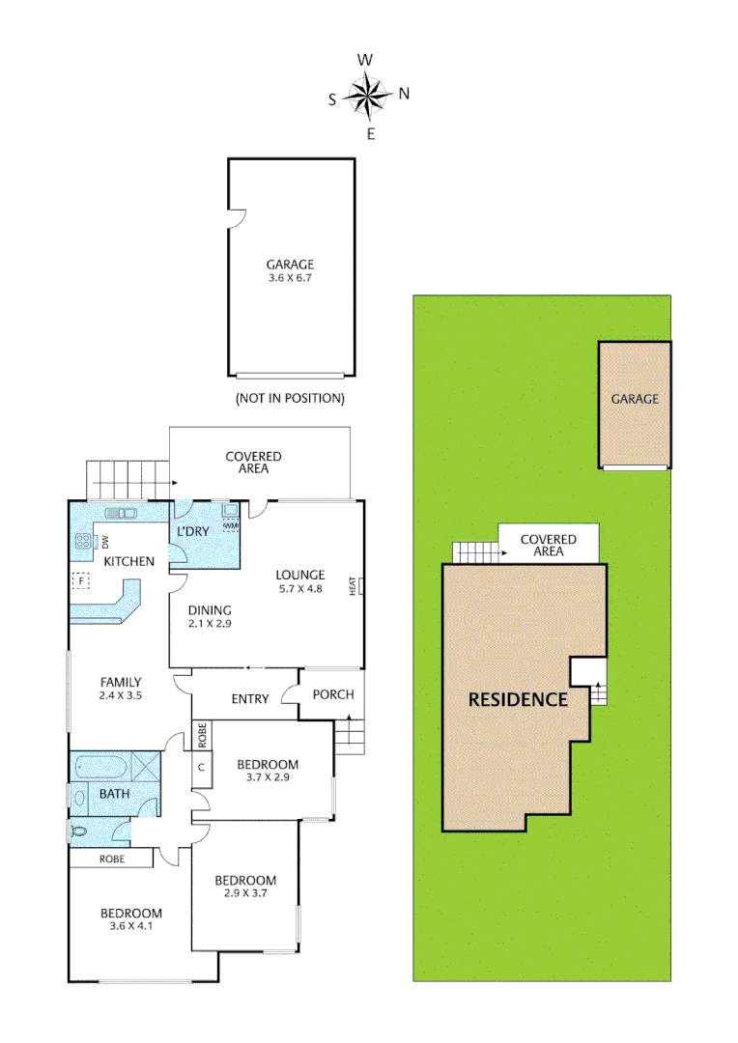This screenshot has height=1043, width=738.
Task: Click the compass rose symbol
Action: click(x=368, y=95)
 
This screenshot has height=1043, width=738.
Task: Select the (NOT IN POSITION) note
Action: click(x=290, y=398)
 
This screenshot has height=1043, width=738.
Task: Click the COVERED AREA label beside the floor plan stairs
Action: click(x=253, y=463)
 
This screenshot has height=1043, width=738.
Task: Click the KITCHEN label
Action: click(x=128, y=561)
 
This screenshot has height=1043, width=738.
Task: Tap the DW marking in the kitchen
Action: click(x=105, y=541)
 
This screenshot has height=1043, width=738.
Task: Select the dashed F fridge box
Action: click(x=80, y=580)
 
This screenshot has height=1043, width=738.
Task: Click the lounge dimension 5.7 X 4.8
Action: click(x=301, y=589)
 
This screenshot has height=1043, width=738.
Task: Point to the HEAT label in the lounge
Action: click(x=355, y=585)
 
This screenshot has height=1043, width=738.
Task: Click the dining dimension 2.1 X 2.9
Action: click(x=210, y=624)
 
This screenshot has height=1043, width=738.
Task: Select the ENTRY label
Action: click(x=250, y=699)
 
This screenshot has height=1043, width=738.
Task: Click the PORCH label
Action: click(x=333, y=694)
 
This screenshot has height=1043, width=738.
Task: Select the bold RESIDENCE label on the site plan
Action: click(x=518, y=699)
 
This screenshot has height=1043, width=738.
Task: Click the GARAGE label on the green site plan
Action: click(x=635, y=399)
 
